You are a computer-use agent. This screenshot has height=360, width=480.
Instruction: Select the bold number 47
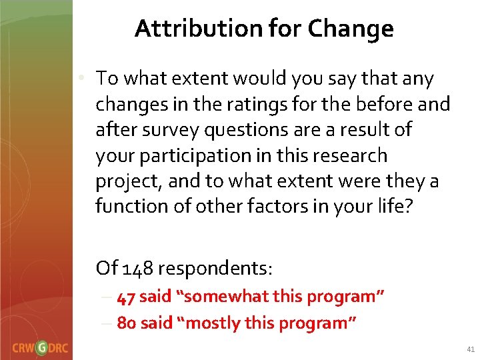coord(126,297)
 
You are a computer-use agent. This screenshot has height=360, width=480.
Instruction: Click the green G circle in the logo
coord(42,348)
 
